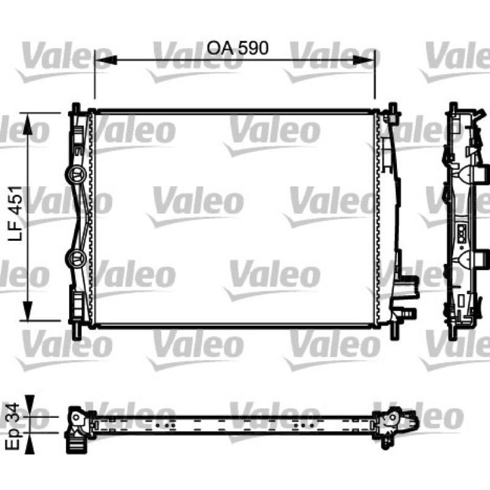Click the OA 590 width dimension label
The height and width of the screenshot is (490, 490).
pos(238,48)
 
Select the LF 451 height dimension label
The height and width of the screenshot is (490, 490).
pos(16,213)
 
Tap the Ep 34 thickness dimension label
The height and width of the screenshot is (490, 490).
pos(13,426)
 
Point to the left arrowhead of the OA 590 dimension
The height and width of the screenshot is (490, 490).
pos(105,60)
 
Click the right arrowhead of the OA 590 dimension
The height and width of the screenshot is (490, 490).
pos(363,60)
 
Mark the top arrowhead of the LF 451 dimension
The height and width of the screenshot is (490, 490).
pos(28,124)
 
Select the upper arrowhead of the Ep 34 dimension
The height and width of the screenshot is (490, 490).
pos(29,405)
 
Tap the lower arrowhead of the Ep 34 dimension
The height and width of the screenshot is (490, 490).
pos(29,443)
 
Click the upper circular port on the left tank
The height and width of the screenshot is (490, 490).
pos(75,175)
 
